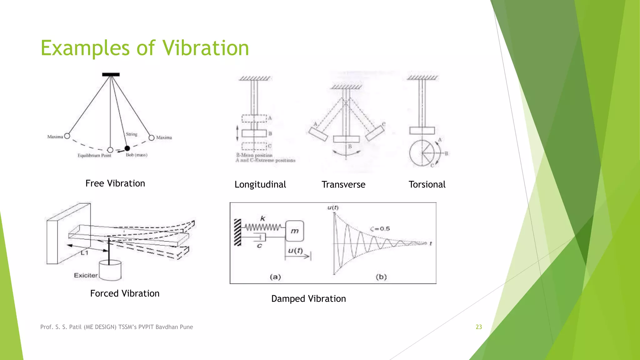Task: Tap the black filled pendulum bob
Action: coord(127,148)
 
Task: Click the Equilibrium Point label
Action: coord(94,156)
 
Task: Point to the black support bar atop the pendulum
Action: coord(111,74)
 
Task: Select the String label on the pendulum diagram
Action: coord(132,134)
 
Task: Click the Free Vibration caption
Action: coord(115,183)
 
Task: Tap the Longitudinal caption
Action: coord(260,185)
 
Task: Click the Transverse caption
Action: coord(343,185)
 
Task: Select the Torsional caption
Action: coord(427,185)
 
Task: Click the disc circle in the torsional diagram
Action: coord(422,153)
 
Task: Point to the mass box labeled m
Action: coord(294,231)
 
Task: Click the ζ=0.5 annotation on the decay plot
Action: coord(380,229)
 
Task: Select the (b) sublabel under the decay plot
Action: coord(381,277)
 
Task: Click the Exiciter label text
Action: coord(86,275)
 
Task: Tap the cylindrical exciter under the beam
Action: coord(110,270)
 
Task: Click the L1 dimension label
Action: coord(85,252)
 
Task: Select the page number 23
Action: coord(478,327)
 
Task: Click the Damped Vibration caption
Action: coord(308,299)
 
